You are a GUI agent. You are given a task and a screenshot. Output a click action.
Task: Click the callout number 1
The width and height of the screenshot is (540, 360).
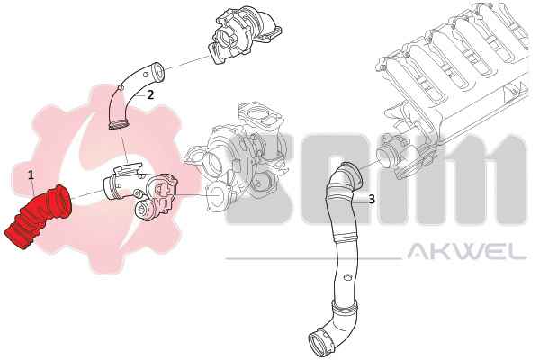point(31,175)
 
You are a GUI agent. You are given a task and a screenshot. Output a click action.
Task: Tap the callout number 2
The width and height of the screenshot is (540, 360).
point(150,94)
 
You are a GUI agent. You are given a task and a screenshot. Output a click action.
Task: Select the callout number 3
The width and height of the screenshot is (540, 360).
point(372,199)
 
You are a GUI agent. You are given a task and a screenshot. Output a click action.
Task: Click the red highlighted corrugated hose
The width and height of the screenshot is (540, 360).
point(38,216)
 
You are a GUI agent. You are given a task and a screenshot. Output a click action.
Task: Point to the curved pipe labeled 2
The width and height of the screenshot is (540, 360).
point(130,93)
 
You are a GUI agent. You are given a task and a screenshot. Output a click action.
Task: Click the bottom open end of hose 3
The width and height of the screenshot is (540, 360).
point(318,345)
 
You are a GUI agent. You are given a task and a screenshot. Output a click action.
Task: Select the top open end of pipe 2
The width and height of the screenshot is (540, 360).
point(158,71)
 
